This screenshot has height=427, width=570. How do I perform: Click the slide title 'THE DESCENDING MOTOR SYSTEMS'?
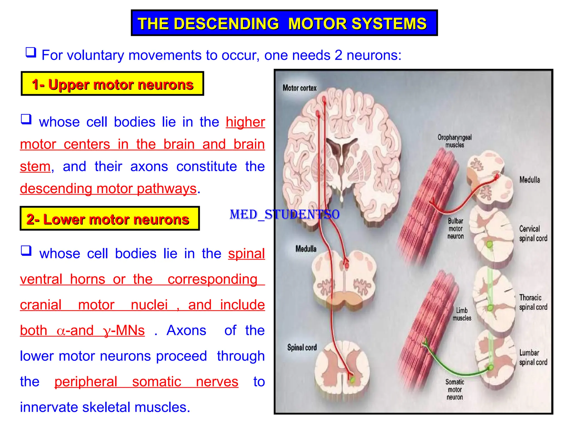pyautogui.click(x=284, y=23)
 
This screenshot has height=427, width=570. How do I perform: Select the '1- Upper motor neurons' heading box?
pyautogui.click(x=112, y=84)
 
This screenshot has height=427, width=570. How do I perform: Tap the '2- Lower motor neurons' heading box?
pyautogui.click(x=110, y=219)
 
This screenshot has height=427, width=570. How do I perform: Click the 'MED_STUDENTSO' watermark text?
pyautogui.click(x=284, y=215)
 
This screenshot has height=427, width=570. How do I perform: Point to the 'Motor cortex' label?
pyautogui.click(x=299, y=88)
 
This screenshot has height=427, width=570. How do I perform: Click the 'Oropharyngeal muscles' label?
pyautogui.click(x=454, y=141)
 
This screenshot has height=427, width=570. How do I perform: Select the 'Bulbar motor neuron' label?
pyautogui.click(x=455, y=229)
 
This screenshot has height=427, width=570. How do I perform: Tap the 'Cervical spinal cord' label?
pyautogui.click(x=533, y=234)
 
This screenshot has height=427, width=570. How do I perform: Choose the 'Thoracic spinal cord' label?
pyautogui.click(x=533, y=302)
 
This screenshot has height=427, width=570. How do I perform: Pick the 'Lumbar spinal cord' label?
pyautogui.click(x=533, y=358)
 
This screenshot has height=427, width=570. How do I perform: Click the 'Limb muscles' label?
pyautogui.click(x=462, y=314)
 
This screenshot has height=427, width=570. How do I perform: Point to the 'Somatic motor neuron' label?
pyautogui.click(x=455, y=389)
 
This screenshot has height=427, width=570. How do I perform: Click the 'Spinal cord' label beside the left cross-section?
pyautogui.click(x=302, y=347)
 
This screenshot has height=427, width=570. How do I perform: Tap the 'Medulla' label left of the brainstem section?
pyautogui.click(x=306, y=249)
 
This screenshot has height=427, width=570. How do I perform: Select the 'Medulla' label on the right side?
pyautogui.click(x=530, y=180)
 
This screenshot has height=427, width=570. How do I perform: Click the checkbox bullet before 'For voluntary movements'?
pyautogui.click(x=31, y=52)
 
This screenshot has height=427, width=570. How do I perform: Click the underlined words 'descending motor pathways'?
pyautogui.click(x=108, y=189)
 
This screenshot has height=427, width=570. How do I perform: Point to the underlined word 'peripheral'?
pyautogui.click(x=86, y=382)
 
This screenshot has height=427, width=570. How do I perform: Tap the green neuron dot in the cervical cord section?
pyautogui.click(x=489, y=245)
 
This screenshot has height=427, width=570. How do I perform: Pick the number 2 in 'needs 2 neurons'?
pyautogui.click(x=338, y=55)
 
